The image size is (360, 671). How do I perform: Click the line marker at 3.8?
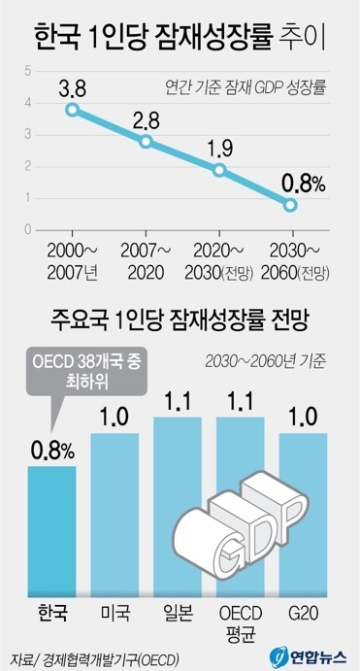point(72,110)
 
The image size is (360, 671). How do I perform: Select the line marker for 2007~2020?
point(146,142)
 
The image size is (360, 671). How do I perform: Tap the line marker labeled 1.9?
point(219,170)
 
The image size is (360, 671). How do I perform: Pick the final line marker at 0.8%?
point(290,205)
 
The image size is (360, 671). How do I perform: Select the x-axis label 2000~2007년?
point(72,261)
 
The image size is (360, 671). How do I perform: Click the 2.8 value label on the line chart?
point(146,118)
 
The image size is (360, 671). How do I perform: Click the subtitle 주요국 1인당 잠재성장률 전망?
point(180,319)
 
